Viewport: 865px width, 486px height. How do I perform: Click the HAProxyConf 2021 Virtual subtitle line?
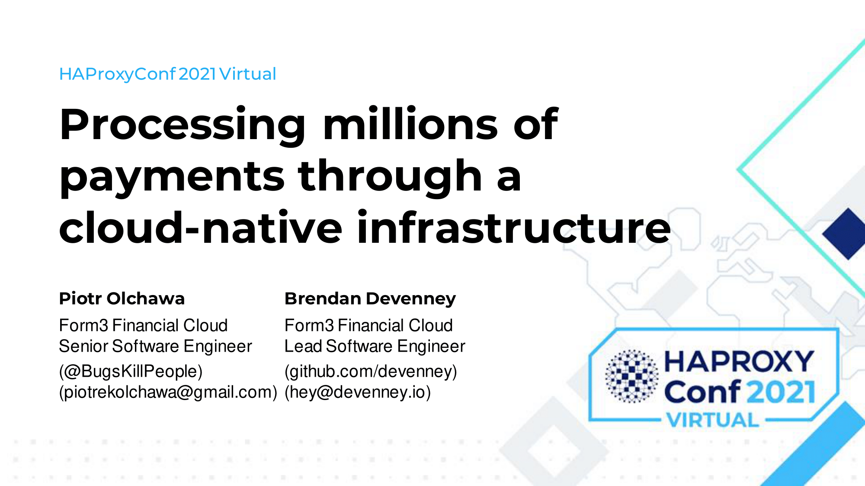click(x=168, y=74)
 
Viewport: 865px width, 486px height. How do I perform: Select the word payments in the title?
click(x=172, y=178)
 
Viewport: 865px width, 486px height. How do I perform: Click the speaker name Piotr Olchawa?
click(x=122, y=299)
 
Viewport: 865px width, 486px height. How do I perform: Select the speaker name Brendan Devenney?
click(x=370, y=299)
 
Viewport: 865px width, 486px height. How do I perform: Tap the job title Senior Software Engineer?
click(x=155, y=346)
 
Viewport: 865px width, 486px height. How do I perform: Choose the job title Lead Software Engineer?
click(x=375, y=346)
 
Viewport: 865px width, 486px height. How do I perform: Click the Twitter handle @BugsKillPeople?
click(x=131, y=372)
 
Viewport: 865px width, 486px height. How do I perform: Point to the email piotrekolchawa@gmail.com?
click(x=168, y=392)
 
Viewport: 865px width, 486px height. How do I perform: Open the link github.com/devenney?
click(x=371, y=372)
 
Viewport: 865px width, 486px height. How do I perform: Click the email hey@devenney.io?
click(x=358, y=392)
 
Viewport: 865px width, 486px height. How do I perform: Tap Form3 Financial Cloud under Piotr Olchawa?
click(x=143, y=325)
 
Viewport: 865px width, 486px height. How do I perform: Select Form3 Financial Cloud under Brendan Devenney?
click(x=368, y=325)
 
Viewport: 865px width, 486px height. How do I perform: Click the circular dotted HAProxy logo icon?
click(x=632, y=376)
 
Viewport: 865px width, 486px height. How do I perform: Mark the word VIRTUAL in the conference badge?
click(x=712, y=420)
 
